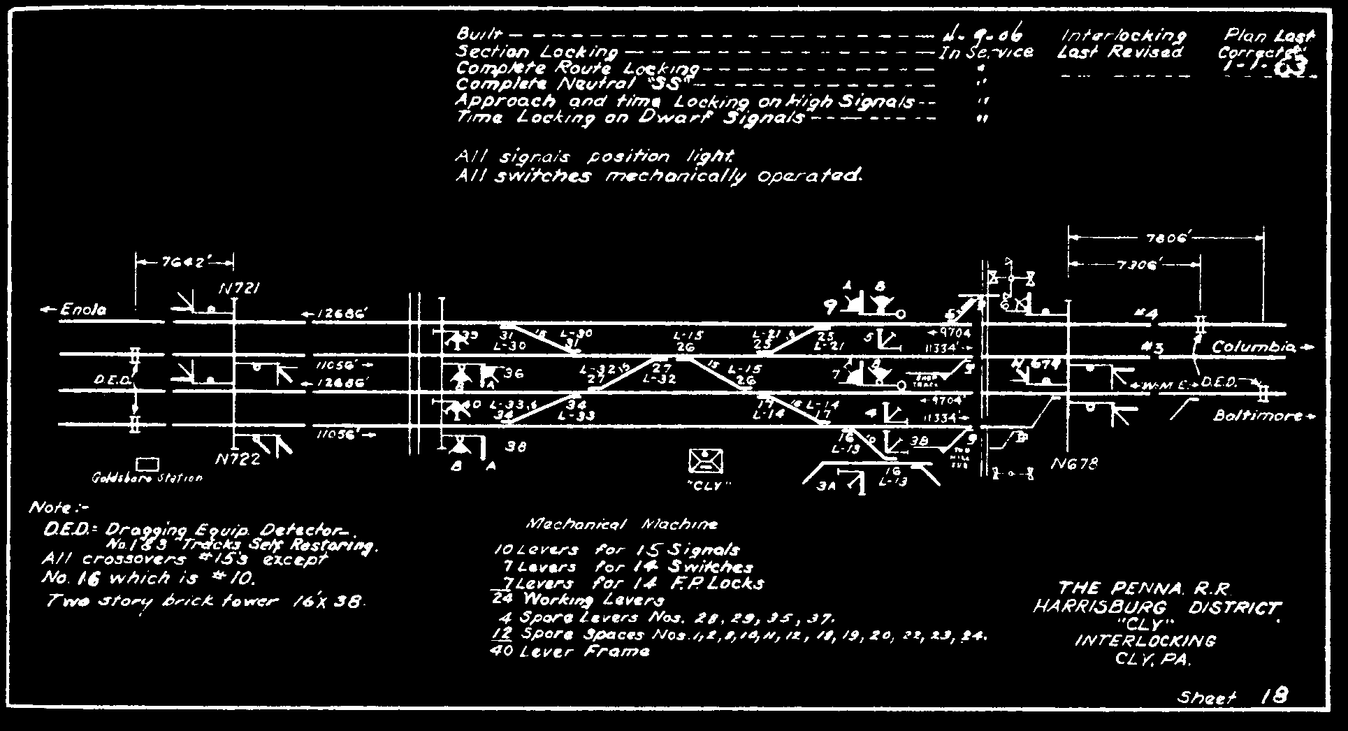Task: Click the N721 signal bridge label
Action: pyautogui.click(x=240, y=289)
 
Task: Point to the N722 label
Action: pyautogui.click(x=239, y=460)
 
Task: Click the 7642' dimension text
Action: pyautogui.click(x=183, y=263)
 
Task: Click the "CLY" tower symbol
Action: pyautogui.click(x=706, y=461)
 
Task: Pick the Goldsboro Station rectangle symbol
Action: pyautogui.click(x=147, y=465)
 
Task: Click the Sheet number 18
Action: pyautogui.click(x=1275, y=696)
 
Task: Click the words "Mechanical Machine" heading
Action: pyautogui.click(x=621, y=524)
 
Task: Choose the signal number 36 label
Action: pyautogui.click(x=514, y=374)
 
